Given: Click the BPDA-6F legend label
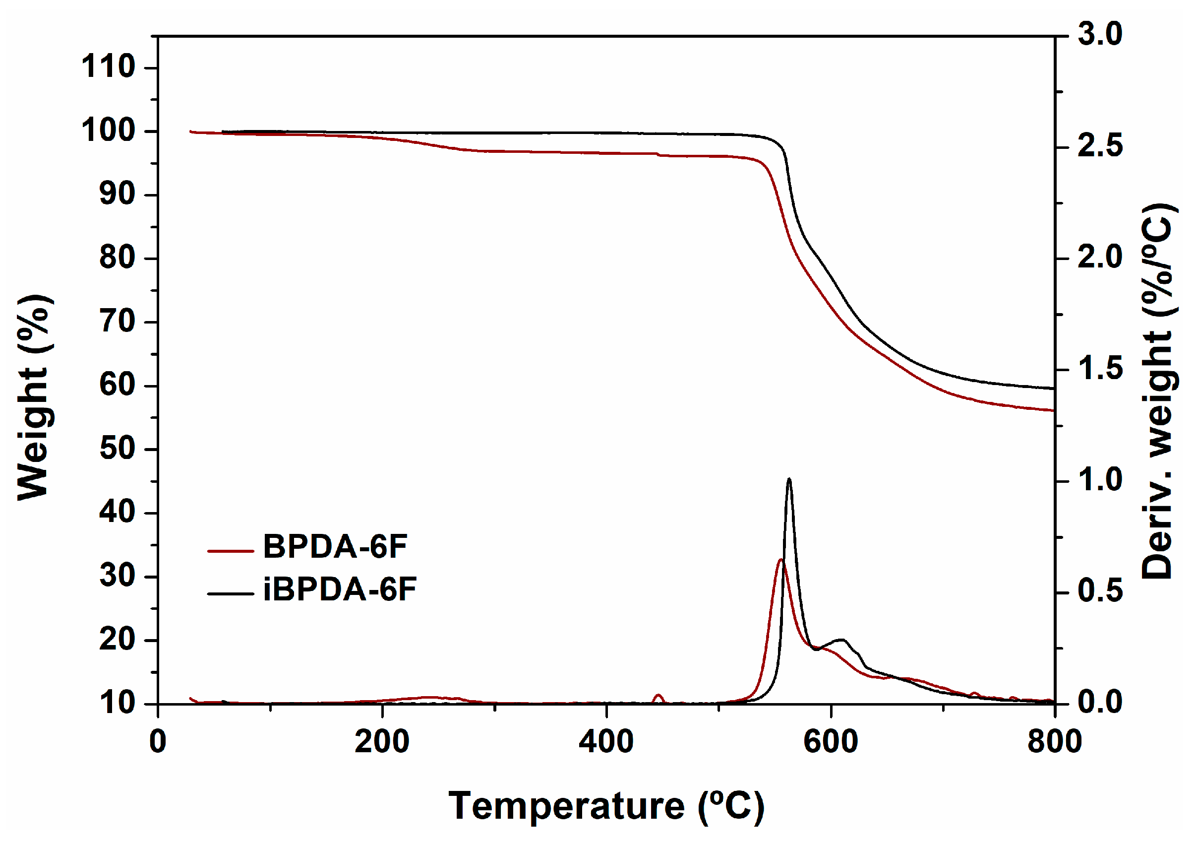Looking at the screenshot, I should coord(334,547).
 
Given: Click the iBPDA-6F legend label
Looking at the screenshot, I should coord(339,589).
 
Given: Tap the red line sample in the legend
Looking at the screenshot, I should coord(230,551).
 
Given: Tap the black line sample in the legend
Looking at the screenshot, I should coord(230,593).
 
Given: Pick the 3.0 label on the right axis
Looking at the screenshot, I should coord(1099,34).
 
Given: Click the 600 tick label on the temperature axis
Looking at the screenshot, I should coord(831,741).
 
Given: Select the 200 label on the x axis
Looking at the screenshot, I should coord(382,741).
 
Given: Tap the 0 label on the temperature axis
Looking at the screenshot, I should coord(158,741).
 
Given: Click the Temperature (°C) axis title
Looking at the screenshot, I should coord(606,807).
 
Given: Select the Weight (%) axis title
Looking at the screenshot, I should coord(33,397).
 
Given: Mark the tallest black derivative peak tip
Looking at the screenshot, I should coord(789,479).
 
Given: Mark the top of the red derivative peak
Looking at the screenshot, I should coord(780,560).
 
